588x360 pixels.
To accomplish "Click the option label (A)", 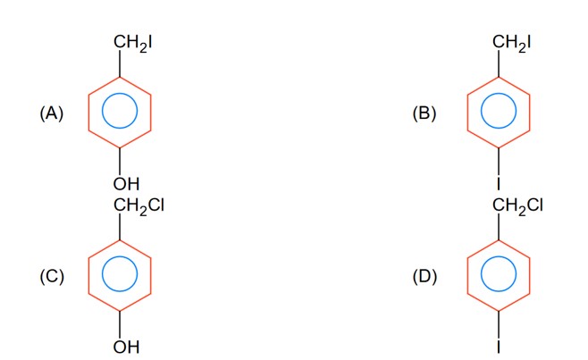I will click(52, 113).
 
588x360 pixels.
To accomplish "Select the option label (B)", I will click(424, 113).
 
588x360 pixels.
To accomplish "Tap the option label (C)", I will click(52, 276).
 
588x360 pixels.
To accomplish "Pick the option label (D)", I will click(424, 276).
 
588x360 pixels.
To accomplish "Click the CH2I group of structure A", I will click(132, 42).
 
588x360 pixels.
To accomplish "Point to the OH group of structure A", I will click(127, 184).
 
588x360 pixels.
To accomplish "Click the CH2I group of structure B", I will click(512, 42).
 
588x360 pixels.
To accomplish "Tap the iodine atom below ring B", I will click(499, 184).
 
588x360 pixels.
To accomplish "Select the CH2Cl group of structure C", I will click(138, 206).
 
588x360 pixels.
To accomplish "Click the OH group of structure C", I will click(127, 347).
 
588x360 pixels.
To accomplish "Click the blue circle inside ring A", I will click(119, 113).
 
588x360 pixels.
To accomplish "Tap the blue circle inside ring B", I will click(499, 113).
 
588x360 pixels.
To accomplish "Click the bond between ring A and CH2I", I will click(119, 64).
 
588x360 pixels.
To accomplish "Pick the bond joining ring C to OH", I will click(119, 323).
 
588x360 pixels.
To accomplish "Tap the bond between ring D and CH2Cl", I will click(499, 228).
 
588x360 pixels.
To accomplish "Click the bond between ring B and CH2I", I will click(499, 64).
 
